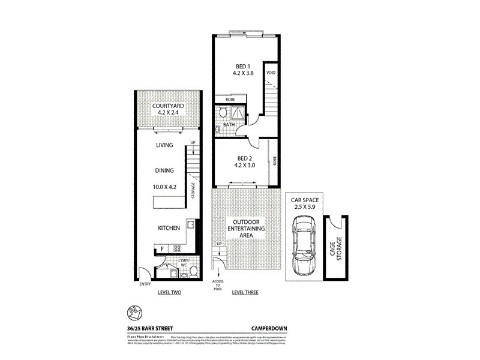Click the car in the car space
[304, 246]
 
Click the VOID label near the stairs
[271, 73]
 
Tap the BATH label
[229, 125]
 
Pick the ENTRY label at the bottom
[145, 284]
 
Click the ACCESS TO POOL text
[217, 284]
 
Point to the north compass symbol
[134, 311]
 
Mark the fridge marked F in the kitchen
[162, 248]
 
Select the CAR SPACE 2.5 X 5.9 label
[305, 203]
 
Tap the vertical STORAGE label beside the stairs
[193, 190]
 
